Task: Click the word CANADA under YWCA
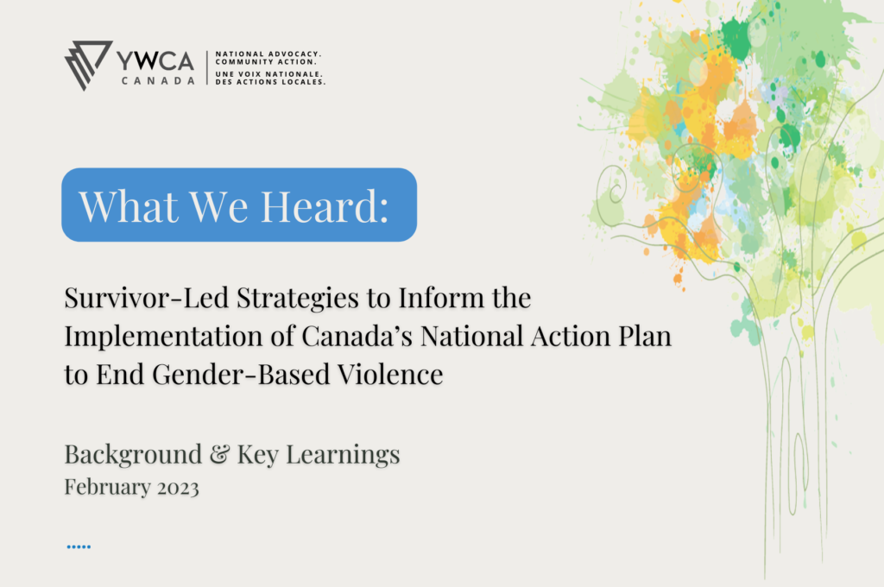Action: [x=159, y=80]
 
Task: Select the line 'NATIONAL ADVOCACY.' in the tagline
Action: [x=268, y=54]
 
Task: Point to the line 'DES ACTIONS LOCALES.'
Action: [x=270, y=82]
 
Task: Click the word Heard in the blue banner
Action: [x=325, y=206]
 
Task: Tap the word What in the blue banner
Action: [x=129, y=206]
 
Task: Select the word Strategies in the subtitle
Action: [x=297, y=299]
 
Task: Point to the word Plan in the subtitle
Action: [x=645, y=336]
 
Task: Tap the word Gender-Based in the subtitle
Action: [x=241, y=375]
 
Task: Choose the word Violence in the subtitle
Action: [x=390, y=375]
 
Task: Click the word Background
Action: [x=133, y=455]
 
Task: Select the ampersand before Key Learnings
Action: [x=220, y=454]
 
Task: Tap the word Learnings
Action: [x=343, y=455]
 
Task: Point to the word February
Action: [x=108, y=488]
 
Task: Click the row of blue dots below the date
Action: [x=79, y=546]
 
